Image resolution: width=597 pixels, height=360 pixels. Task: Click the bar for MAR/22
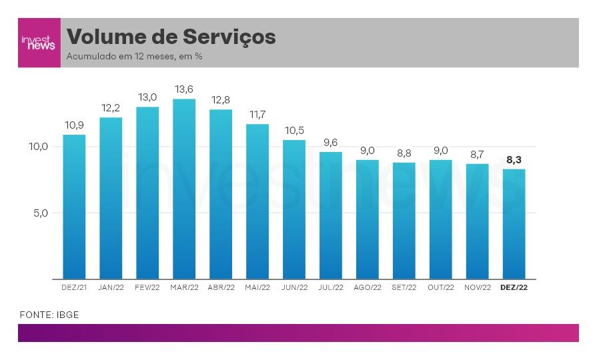click(x=184, y=189)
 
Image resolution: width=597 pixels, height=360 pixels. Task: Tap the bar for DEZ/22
click(x=514, y=224)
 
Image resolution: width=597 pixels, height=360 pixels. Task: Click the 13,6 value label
click(x=184, y=89)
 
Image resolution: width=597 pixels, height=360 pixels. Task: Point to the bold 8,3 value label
click(x=514, y=160)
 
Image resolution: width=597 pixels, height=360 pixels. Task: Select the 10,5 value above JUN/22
click(x=294, y=131)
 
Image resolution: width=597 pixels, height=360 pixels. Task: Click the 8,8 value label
click(x=404, y=153)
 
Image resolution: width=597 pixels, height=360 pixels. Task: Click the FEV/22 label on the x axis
click(x=147, y=287)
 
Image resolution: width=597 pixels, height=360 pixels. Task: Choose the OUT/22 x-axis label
click(x=440, y=287)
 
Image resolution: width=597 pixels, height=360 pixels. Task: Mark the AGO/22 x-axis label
click(x=367, y=287)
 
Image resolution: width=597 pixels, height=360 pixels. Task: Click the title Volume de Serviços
click(x=171, y=37)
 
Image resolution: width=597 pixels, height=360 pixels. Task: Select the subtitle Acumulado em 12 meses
click(x=134, y=57)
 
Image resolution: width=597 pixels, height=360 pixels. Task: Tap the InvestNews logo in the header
click(x=39, y=43)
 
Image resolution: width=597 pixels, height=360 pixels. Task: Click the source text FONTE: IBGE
click(x=49, y=315)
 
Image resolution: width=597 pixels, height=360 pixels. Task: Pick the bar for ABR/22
click(x=221, y=194)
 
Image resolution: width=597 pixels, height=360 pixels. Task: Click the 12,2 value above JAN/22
click(x=111, y=108)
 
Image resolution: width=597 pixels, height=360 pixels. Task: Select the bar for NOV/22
click(x=477, y=221)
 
